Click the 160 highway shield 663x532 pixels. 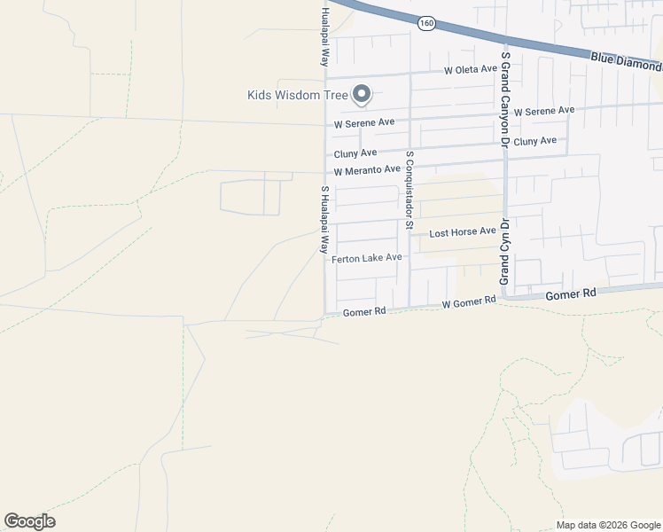click(x=427, y=23)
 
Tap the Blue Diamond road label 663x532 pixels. click(x=626, y=62)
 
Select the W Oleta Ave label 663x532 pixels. click(x=471, y=69)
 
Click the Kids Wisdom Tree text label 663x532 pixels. click(x=295, y=95)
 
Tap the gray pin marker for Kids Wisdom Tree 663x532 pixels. click(x=362, y=93)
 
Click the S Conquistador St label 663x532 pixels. click(x=409, y=190)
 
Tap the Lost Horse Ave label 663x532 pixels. click(x=463, y=232)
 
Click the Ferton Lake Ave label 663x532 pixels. click(x=367, y=258)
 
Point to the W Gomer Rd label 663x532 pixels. click(x=468, y=302)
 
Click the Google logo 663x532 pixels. click(x=29, y=521)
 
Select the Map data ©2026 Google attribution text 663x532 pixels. click(x=607, y=525)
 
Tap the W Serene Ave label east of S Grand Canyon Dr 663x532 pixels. click(x=544, y=111)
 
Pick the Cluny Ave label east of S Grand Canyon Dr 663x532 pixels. click(x=535, y=141)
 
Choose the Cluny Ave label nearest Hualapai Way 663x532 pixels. click(x=355, y=153)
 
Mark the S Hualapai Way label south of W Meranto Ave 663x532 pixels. click(x=324, y=220)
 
